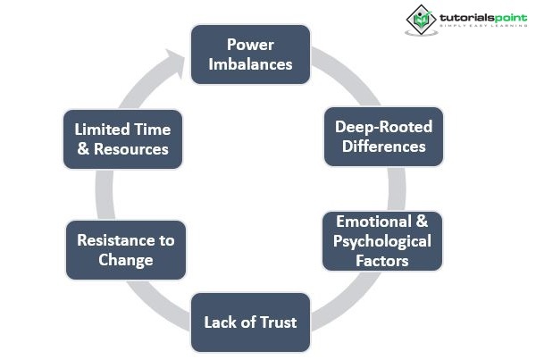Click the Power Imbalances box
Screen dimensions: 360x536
coord(250,54)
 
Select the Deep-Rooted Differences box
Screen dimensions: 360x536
coord(382,136)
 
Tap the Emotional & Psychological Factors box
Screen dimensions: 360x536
coord(381,241)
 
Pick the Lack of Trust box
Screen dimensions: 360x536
coord(250,322)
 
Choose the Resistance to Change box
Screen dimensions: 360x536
coord(126,250)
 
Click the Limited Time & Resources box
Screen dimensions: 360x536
coord(122,138)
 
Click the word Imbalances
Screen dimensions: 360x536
coord(250,64)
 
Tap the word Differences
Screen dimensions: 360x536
coord(383,147)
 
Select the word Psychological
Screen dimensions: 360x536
coord(381,241)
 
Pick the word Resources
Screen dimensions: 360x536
coord(133,149)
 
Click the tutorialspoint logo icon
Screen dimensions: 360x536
coord(418,19)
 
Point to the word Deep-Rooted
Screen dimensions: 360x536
coord(382,126)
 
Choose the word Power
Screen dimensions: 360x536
coord(249,44)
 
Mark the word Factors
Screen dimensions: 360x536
coord(381,261)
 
